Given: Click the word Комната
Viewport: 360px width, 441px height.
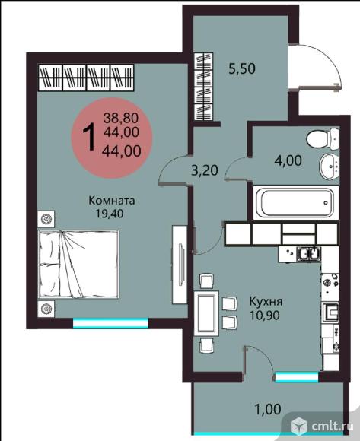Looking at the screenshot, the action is pos(111,201).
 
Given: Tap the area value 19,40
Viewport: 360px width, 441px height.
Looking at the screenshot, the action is pos(110,214).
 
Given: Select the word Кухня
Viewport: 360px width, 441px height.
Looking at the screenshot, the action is pos(266,302).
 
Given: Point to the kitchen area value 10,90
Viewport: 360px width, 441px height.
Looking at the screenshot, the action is pos(265,315).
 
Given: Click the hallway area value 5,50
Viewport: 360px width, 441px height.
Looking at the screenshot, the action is pos(242,68).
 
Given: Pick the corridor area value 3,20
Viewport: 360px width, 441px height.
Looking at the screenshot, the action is pos(204,170).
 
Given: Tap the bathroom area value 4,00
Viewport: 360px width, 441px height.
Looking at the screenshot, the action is pos(288,160).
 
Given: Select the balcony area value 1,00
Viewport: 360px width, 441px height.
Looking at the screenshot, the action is pos(268,409).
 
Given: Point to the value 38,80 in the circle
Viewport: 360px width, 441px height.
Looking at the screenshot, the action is pos(121,118).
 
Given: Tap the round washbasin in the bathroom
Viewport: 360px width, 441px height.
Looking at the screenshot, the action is pos(330,167).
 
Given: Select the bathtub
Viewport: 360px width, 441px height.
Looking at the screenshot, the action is pos(296,202).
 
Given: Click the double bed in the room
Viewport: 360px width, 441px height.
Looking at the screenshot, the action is pos(78,264).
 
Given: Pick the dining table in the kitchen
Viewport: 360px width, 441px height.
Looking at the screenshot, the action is pos(206,313).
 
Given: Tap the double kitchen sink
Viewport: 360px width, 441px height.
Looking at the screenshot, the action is pos(309,253).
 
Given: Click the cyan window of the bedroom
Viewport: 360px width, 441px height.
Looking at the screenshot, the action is pos(110,323).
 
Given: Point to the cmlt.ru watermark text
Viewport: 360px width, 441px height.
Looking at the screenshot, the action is pos(332,427).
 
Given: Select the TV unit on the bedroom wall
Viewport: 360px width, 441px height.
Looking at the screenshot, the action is pos(180,265).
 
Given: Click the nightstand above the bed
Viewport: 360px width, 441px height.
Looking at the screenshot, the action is pos(46,218).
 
